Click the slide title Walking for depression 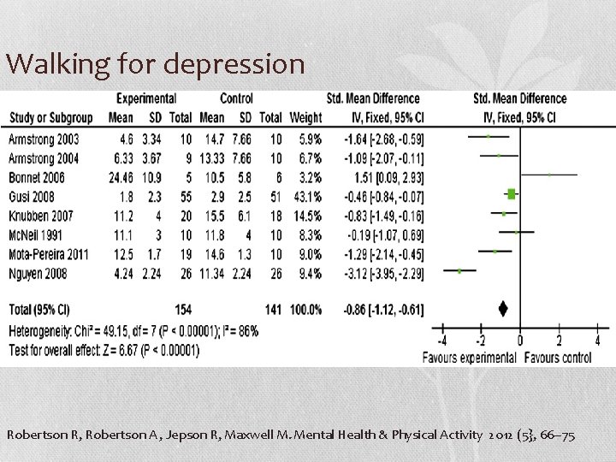(x=155, y=64)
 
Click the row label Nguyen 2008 (x=38, y=274)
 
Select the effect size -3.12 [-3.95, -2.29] (x=383, y=274)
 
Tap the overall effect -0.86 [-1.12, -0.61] (x=383, y=309)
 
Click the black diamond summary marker (x=504, y=309)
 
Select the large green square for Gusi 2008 (x=511, y=194)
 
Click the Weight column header (x=305, y=117)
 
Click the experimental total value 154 (x=182, y=309)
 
